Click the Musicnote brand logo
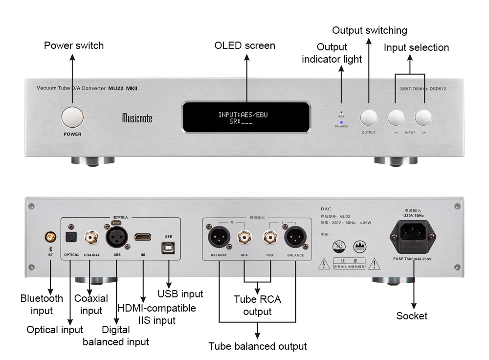[x=137, y=118]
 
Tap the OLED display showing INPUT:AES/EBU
[x=246, y=117]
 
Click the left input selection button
[x=396, y=117]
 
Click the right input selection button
[x=424, y=117]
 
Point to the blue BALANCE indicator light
[x=341, y=122]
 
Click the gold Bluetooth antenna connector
[x=50, y=238]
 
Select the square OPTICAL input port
[x=71, y=238]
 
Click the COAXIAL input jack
[x=91, y=238]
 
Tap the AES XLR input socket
[x=115, y=237]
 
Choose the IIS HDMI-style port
[x=143, y=237]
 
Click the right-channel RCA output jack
[x=244, y=238]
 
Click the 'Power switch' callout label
[x=74, y=45]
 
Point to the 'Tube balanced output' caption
[x=258, y=346]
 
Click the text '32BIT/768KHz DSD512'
[x=420, y=89]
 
